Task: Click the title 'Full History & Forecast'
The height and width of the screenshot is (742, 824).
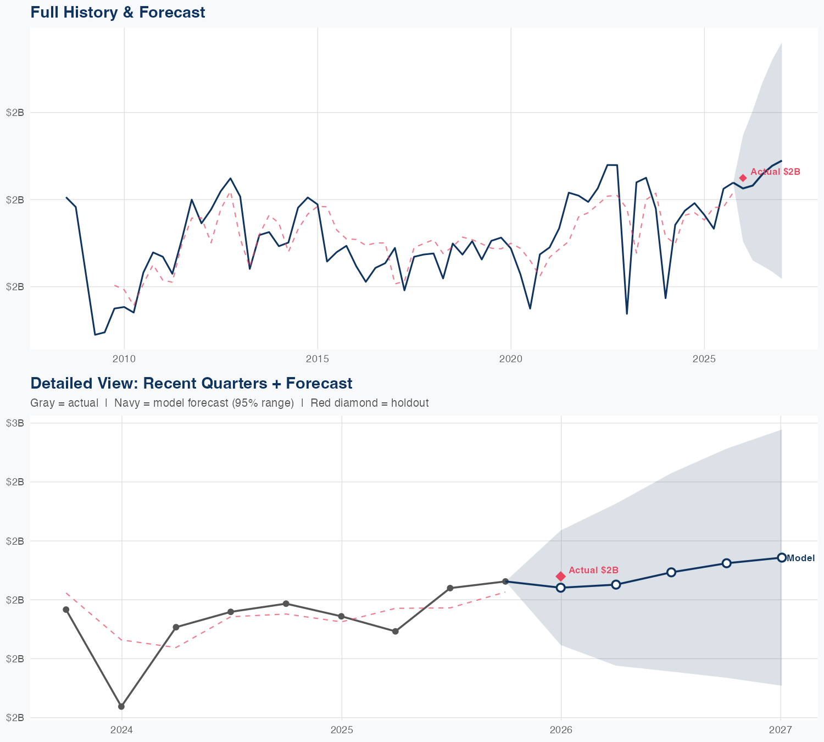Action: coord(118,12)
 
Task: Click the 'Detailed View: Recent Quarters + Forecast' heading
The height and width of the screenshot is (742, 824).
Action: coord(191,383)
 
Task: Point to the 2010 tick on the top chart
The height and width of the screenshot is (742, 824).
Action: coord(124,359)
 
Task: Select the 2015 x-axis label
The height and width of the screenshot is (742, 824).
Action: coord(318,359)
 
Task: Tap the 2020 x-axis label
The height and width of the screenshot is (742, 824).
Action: coord(511,359)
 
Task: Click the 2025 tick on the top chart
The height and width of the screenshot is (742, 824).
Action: coord(704,359)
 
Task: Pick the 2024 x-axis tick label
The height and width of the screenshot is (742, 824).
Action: coord(122,730)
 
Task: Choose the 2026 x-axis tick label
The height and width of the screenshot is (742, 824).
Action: coord(561,730)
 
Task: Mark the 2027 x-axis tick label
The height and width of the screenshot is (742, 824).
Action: coord(781,730)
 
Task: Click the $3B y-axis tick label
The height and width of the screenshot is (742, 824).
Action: coord(15,423)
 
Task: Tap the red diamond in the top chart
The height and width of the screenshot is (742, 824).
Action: coord(743,178)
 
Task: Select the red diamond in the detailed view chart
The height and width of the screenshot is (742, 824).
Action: coord(560,576)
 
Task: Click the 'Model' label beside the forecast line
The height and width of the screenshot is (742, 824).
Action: coord(801,558)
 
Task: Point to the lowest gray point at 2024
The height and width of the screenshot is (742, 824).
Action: coord(121,706)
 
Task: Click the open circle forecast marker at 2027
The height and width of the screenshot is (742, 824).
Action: coord(781,557)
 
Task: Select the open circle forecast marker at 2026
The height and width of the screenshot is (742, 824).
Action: coord(560,588)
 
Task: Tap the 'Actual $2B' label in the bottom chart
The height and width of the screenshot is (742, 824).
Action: coord(593,571)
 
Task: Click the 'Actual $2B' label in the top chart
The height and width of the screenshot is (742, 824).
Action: coord(775,171)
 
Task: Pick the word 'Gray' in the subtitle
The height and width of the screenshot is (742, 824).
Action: coord(42,403)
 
